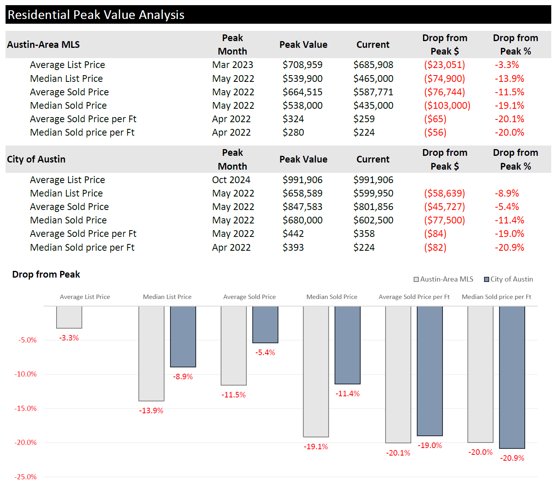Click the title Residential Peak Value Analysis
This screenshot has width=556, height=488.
pos(96,15)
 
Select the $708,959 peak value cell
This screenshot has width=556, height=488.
pos(303,65)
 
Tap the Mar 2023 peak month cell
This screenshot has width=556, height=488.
pos(233,65)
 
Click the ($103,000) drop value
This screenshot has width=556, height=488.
pos(447,106)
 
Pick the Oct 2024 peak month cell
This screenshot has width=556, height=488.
pos(231,180)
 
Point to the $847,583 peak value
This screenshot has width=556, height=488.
pos(303,207)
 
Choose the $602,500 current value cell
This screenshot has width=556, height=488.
pos(373,220)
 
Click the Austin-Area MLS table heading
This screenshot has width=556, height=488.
pos(43,45)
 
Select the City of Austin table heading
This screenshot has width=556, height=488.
pos(36,159)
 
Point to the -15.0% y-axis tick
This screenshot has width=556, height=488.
pos(26,409)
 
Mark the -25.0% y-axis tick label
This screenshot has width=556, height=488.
pos(26,477)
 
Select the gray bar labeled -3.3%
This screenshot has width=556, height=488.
pos(69,317)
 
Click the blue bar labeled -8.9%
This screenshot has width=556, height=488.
pos(183,337)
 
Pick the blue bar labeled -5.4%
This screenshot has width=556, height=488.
pos(265,324)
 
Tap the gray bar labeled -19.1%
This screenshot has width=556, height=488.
pos(316,371)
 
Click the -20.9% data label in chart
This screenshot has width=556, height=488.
pos(512,458)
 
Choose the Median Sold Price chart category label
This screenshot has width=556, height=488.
pos(332,297)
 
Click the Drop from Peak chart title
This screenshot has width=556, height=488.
pos(46,274)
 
